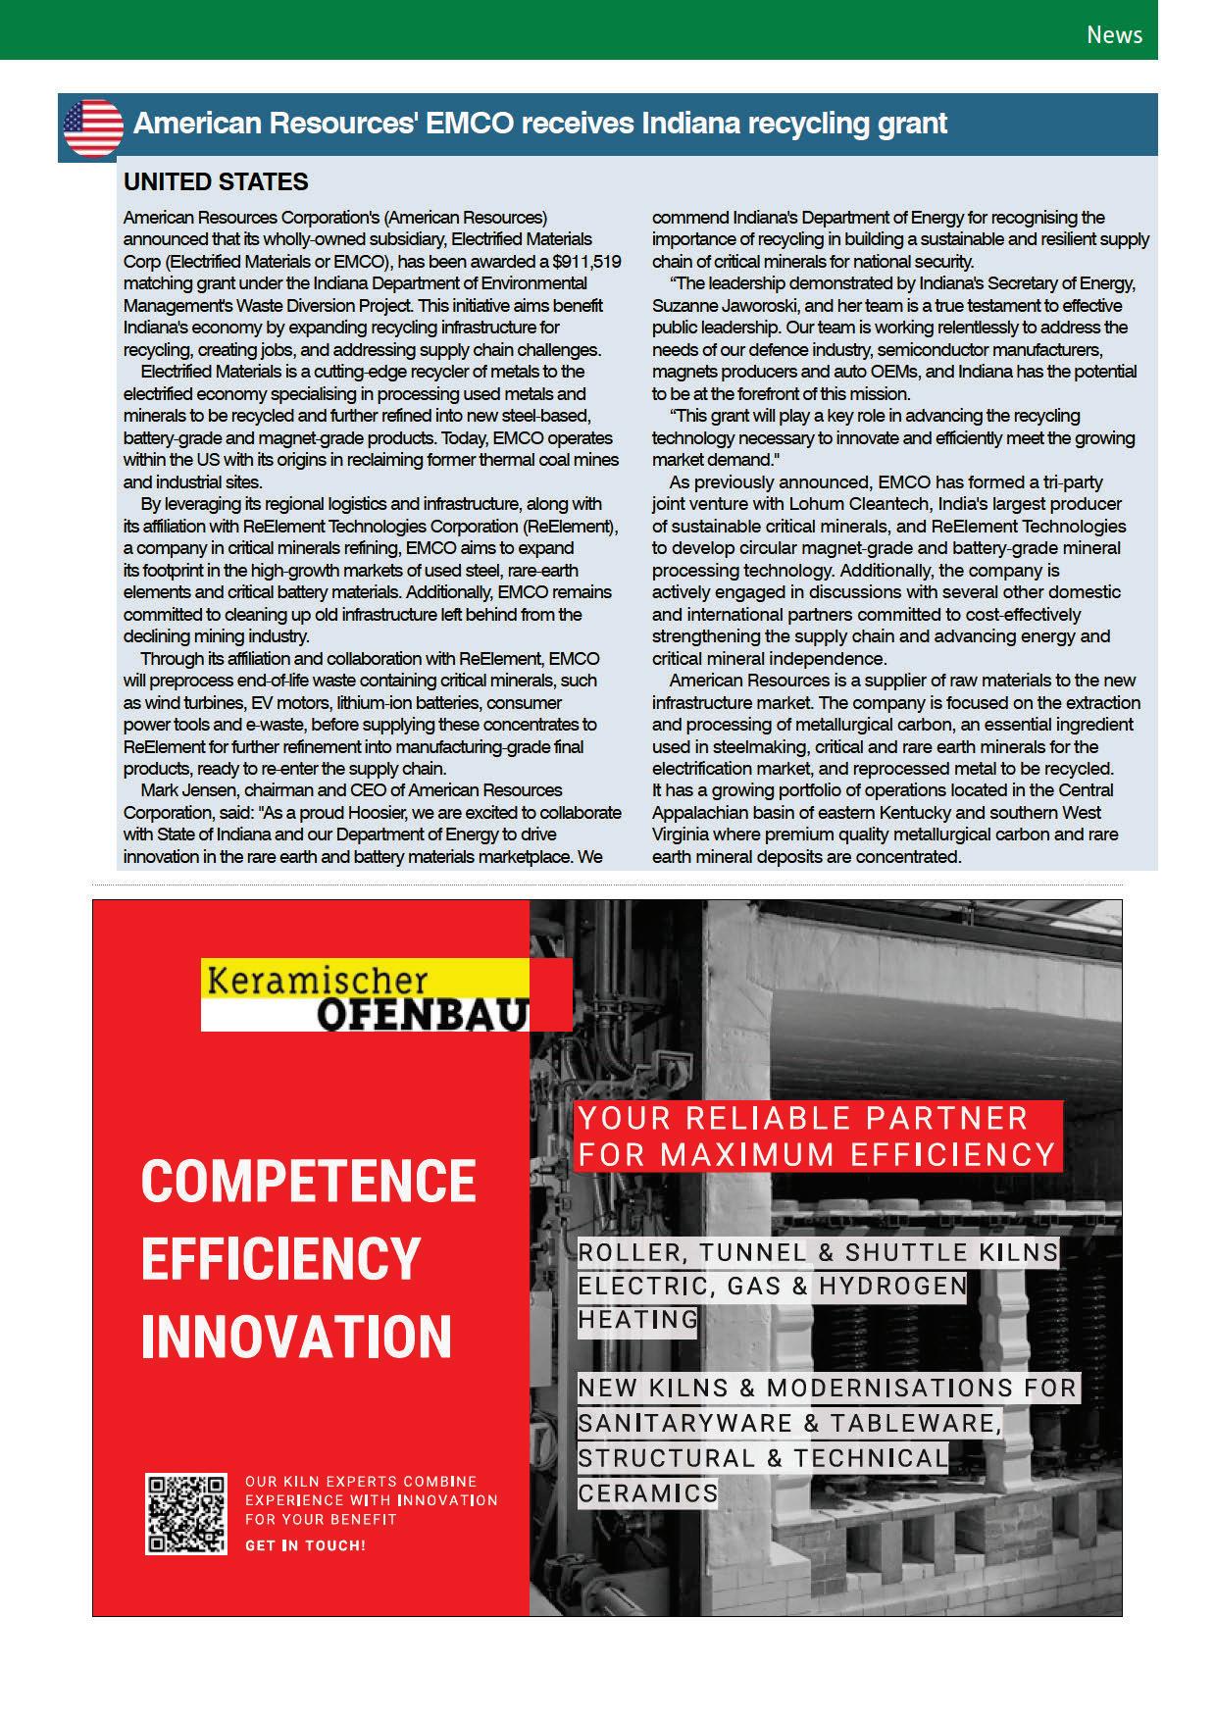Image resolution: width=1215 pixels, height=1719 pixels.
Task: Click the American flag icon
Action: [93, 127]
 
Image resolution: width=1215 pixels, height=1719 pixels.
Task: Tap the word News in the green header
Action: [1114, 35]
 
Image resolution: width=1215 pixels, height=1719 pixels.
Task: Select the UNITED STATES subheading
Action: [216, 182]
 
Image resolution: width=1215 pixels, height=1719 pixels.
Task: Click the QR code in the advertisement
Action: [186, 1513]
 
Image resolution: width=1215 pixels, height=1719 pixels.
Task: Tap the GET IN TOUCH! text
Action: [305, 1545]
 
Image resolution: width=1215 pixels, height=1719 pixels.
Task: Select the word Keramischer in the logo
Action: [318, 981]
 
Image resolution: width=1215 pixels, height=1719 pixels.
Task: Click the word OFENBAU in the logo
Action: [423, 1015]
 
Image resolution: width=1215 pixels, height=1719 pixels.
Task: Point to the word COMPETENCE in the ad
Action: [308, 1181]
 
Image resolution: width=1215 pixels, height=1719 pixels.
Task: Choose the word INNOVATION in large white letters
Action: [296, 1337]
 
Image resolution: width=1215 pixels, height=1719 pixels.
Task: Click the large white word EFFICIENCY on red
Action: [280, 1259]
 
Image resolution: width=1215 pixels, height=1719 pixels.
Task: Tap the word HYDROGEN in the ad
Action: [892, 1286]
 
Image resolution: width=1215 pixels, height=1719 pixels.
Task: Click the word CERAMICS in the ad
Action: [647, 1493]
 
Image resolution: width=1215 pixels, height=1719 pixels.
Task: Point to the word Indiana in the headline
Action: [690, 124]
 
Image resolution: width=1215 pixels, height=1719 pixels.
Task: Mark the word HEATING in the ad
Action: [637, 1320]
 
